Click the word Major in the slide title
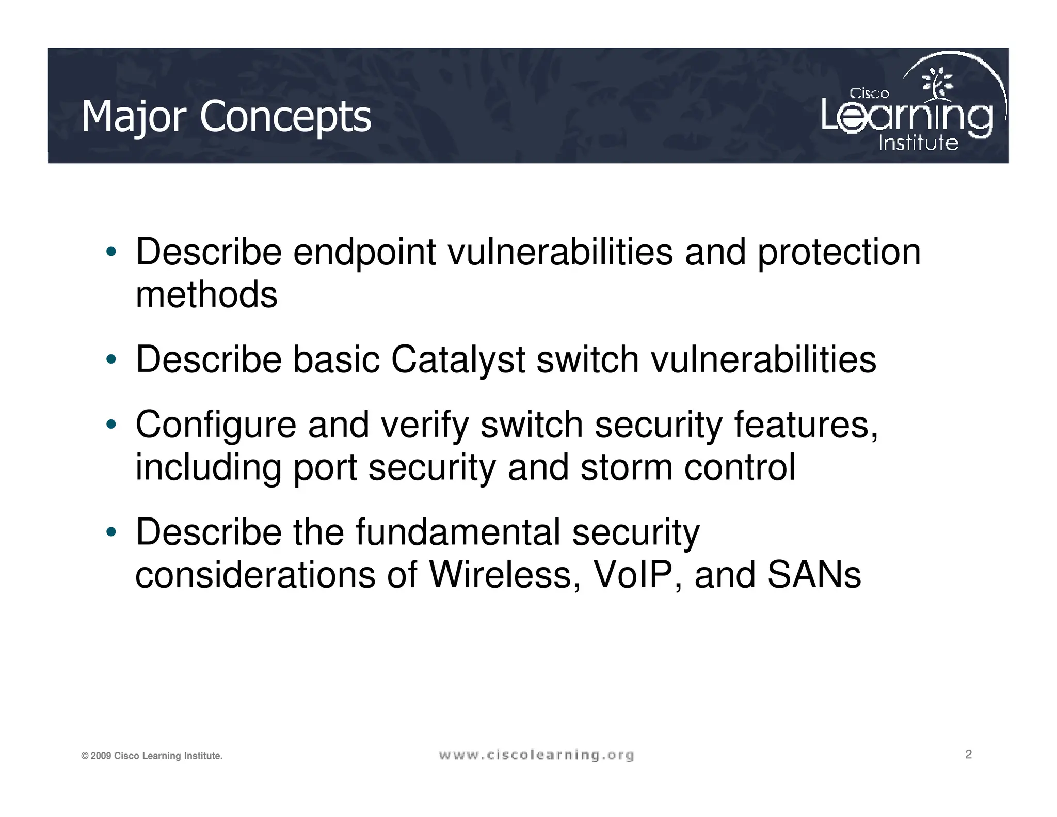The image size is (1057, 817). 134,117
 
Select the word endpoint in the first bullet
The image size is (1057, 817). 364,253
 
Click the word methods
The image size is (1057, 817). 206,295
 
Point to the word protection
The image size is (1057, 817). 839,253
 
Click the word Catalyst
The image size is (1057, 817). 458,359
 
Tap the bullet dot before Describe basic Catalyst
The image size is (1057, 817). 110,359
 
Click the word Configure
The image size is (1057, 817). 216,425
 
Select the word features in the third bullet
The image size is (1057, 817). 805,425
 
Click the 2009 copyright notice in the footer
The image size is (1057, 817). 152,756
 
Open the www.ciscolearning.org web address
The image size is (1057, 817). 536,756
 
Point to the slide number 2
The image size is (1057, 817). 968,755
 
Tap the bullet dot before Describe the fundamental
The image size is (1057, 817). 110,532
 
